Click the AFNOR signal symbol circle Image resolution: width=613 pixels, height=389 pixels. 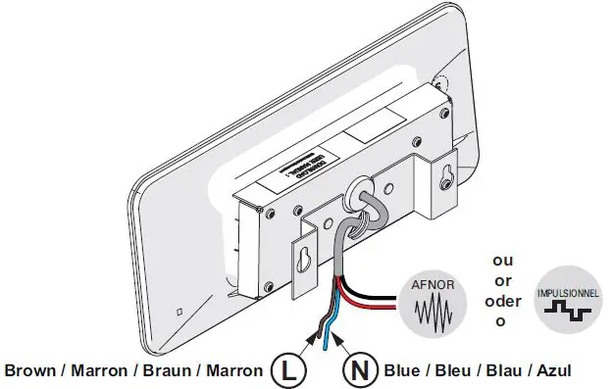click(428, 301)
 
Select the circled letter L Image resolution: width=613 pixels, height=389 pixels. click(285, 370)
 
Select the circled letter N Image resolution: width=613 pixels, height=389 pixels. click(359, 370)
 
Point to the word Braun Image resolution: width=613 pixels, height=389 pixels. click(168, 371)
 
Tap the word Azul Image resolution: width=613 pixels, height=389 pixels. click(549, 371)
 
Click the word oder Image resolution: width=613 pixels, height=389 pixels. click(502, 301)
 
